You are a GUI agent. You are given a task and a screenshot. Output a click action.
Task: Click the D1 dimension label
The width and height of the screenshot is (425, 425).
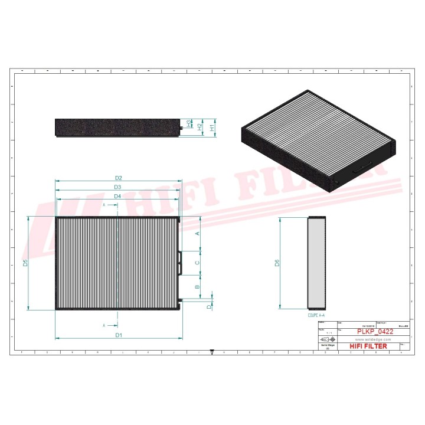pos(119,335)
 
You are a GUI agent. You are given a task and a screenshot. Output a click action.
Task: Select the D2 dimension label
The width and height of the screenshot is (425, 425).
pos(118,178)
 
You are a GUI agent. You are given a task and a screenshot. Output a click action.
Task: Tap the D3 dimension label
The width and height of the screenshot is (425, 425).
pos(118,187)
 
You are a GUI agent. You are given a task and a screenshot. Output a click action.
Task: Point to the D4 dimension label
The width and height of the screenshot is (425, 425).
pos(117,196)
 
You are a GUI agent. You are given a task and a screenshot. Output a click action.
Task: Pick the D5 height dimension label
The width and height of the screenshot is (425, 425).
pos(25,263)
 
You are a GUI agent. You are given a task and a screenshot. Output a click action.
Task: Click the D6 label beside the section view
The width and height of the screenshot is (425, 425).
pos(277,263)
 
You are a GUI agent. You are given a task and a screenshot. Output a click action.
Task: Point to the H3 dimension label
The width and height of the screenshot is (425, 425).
pos(189,123)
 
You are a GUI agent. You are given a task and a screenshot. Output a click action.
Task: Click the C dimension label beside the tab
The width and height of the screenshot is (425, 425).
pos(197,262)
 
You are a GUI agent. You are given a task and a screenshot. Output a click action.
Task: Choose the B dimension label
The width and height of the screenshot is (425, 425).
pos(197,287)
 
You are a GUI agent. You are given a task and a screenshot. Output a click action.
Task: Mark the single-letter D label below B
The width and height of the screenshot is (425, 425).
pos(208,306)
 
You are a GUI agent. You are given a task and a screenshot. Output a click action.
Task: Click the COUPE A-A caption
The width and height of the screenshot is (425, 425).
pos(317,316)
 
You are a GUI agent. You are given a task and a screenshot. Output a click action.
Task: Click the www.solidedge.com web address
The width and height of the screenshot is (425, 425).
pos(371,339)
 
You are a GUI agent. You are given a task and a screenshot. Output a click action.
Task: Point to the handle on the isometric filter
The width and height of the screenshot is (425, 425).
pos(361,169)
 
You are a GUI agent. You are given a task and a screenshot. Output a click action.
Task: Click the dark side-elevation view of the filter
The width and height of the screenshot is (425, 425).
pos(116,127)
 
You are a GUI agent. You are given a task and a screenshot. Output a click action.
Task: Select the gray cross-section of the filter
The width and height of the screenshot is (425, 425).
pos(317,263)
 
